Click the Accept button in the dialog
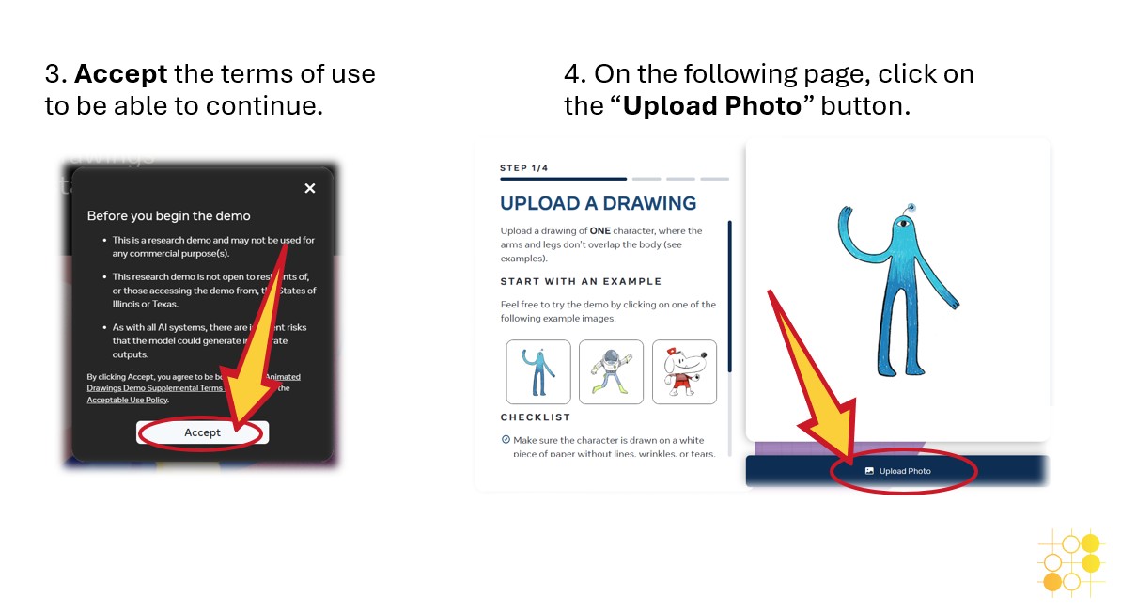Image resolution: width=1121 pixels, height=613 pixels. coord(202,432)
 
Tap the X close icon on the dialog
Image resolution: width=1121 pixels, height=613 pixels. coord(310,188)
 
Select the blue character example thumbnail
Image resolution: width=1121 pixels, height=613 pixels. coord(538,371)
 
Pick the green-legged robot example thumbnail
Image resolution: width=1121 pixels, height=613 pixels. coord(611,371)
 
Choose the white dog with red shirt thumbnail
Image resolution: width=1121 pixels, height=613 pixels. coord(684,371)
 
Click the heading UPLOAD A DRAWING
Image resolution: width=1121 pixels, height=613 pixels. coord(598,203)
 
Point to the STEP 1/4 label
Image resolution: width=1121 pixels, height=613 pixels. coord(523,168)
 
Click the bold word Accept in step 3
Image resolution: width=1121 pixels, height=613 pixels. coord(120,73)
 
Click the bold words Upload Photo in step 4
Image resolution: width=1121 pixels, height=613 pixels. coord(711,105)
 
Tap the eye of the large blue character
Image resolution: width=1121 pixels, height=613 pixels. coord(903,224)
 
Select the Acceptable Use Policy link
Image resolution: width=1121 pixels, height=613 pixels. coord(127,400)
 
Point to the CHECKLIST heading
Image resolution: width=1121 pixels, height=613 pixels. coord(535,417)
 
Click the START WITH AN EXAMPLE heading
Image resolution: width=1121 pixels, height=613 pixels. coord(581,281)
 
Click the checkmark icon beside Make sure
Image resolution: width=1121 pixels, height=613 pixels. coord(506,439)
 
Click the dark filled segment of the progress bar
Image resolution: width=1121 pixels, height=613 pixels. coord(563,179)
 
